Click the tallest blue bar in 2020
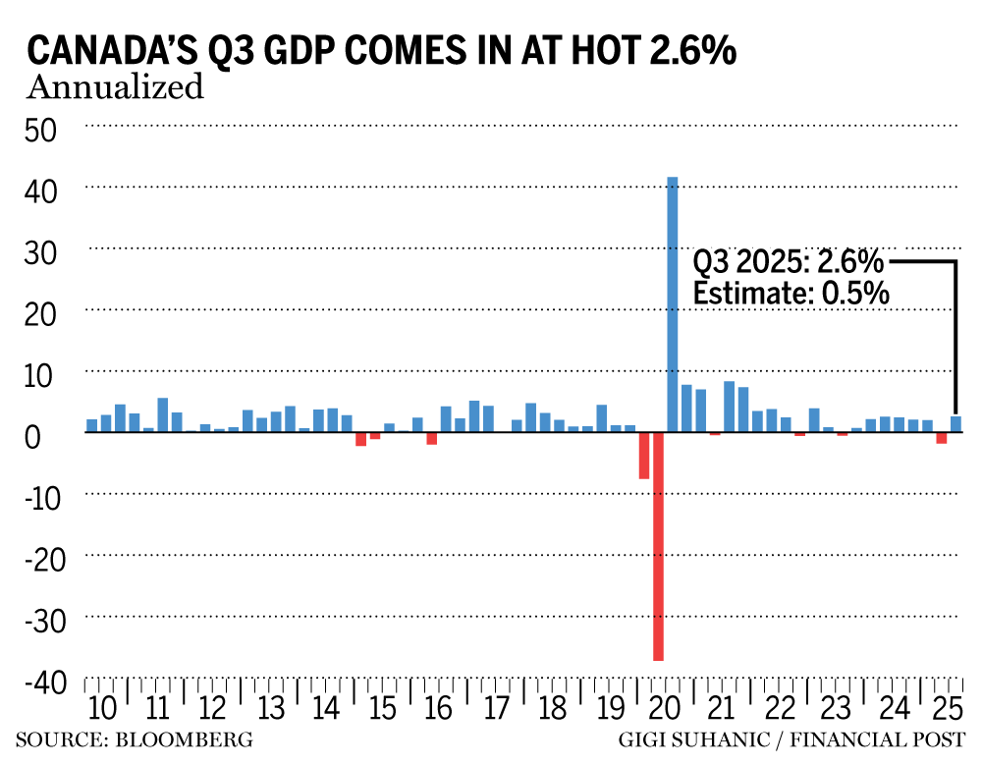click(x=673, y=304)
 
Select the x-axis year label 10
click(x=101, y=708)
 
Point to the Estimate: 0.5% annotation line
click(x=791, y=293)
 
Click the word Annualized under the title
click(x=115, y=87)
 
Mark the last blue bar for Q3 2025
click(x=955, y=424)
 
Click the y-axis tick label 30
click(x=39, y=251)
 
